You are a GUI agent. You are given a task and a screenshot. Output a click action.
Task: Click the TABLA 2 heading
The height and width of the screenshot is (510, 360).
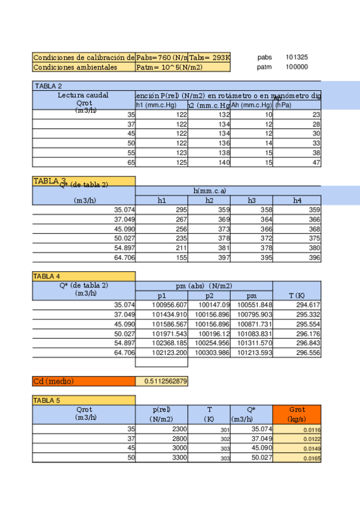48,86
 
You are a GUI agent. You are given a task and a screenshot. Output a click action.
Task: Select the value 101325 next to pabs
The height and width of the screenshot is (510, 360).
297,58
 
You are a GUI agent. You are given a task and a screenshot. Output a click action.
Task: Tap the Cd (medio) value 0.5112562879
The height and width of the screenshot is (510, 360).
162,381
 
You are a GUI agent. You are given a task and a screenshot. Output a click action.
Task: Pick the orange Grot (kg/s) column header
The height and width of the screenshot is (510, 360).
297,414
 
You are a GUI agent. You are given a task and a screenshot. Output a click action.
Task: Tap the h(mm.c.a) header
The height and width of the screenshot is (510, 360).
210,191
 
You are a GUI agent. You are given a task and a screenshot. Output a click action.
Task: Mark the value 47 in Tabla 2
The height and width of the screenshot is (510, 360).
316,162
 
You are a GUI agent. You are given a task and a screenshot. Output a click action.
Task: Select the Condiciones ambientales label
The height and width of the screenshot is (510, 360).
75,67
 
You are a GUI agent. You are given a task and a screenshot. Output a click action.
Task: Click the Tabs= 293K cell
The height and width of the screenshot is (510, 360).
210,58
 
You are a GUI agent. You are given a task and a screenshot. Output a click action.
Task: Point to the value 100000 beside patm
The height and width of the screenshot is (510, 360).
297,67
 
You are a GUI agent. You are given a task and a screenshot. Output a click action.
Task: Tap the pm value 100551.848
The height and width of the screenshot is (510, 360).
255,304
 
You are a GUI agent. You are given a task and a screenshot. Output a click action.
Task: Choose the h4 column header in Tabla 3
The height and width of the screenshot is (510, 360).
297,200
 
